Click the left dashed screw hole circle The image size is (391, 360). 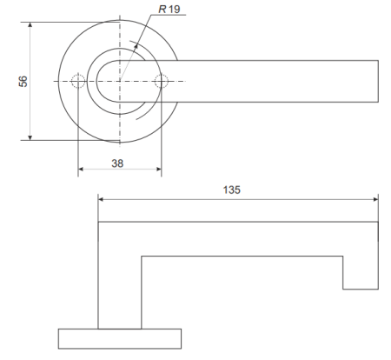[x=78, y=82]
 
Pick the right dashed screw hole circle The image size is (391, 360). [x=161, y=82]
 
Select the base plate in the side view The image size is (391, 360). [x=119, y=339]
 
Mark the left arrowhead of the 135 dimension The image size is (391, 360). [x=102, y=199]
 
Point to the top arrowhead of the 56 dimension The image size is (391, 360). [x=30, y=26]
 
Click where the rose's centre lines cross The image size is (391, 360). [x=120, y=82]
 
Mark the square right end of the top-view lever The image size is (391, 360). [x=378, y=82]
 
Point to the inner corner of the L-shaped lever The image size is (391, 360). [x=141, y=255]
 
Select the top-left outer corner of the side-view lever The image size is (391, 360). [x=98, y=223]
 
